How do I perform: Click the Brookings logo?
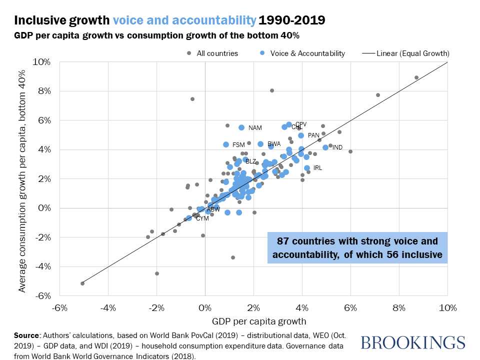tap(412, 342)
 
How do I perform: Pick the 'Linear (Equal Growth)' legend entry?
tap(404, 53)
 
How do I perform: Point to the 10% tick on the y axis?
tap(42, 62)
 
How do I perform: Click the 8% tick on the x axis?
tap(398, 306)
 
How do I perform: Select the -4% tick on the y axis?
tap(42, 266)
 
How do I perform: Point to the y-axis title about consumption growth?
tap(22, 178)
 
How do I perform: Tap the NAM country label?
tap(255, 128)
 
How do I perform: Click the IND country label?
tap(337, 148)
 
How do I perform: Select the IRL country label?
tap(317, 168)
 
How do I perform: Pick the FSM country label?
tap(238, 145)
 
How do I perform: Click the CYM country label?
tap(202, 218)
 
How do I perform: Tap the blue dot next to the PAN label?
tap(301, 135)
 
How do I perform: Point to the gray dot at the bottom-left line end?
tap(82, 283)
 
